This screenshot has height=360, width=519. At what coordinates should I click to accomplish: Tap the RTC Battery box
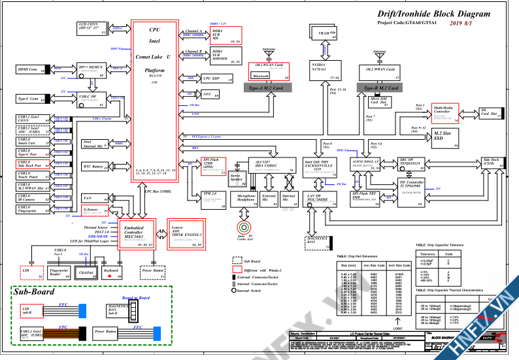[x=93, y=167]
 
